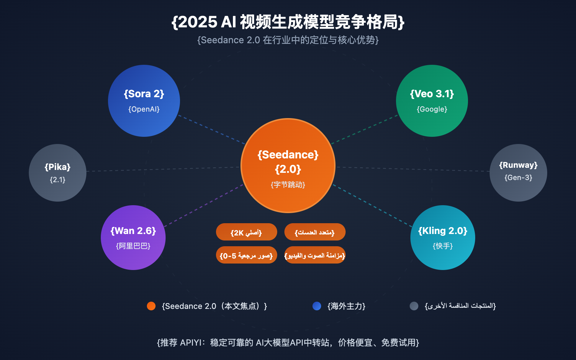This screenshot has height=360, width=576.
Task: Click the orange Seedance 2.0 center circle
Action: tap(288, 166)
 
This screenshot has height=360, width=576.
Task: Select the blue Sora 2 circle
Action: tap(144, 101)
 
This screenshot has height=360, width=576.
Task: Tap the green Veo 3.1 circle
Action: tap(432, 101)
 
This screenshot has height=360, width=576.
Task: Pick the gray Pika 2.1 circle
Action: tap(58, 173)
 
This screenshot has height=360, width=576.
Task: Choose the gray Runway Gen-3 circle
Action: tap(518, 173)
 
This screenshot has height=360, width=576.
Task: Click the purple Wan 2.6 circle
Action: tap(133, 238)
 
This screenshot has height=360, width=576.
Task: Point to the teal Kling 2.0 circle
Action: tap(443, 238)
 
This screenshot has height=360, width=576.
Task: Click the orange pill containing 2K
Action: tap(247, 232)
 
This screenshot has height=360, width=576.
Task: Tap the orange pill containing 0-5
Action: tap(247, 255)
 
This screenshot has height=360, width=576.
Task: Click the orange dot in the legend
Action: tap(151, 306)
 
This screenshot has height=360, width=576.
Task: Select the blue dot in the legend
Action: tap(317, 306)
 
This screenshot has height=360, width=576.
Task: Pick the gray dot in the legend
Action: tap(414, 306)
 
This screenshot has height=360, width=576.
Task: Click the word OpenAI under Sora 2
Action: tap(144, 109)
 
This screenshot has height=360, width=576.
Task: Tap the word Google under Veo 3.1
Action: tap(432, 109)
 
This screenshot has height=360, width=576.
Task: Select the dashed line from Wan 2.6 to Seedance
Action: tap(203, 206)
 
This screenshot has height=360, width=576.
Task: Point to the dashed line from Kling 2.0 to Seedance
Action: tap(373, 206)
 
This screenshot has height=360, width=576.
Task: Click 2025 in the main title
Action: tap(198, 22)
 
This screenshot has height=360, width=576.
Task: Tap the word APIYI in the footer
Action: tap(191, 342)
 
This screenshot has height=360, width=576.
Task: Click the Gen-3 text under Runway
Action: tap(518, 177)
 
